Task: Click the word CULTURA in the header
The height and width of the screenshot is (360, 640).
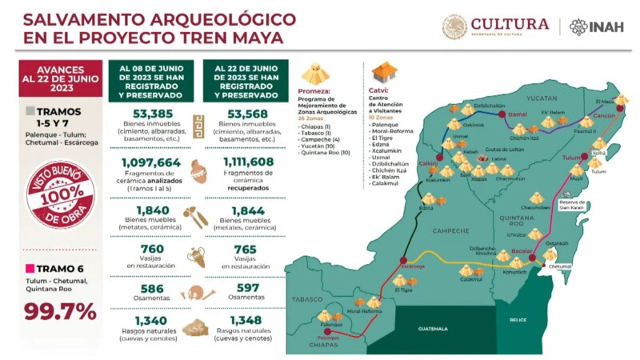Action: (x=510, y=24)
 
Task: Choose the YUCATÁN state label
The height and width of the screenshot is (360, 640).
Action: (x=541, y=98)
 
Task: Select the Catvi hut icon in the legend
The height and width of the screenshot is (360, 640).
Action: (x=383, y=73)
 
